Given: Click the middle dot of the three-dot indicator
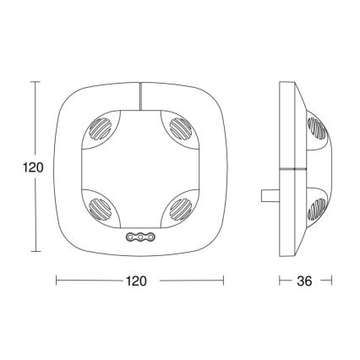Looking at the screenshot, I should coord(139,239).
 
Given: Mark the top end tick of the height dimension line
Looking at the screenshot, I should coord(35,82).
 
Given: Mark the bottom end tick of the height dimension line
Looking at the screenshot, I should coord(35,251).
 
